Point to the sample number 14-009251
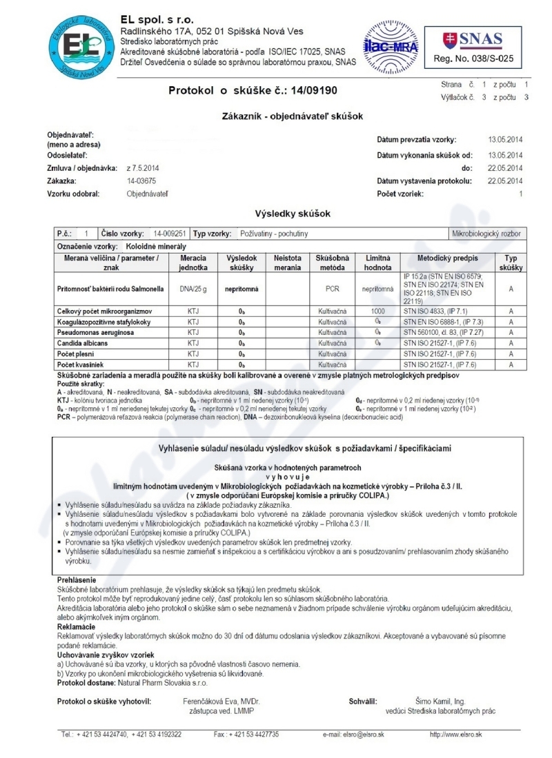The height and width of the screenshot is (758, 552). tap(170, 234)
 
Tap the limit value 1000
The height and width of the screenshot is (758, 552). tap(377, 311)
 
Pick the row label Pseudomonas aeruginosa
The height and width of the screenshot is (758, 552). tap(90, 332)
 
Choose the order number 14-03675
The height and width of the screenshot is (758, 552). tap(141, 181)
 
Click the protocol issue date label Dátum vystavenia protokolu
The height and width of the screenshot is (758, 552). tap(424, 181)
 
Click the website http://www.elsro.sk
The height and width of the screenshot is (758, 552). tap(455, 735)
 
